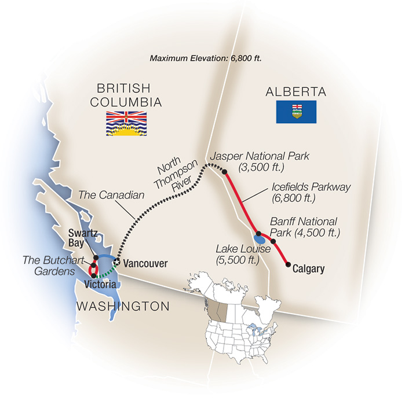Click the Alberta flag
point(295,111)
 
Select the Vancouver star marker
point(116,263)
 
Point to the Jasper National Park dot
point(224,171)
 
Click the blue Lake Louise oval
point(261,238)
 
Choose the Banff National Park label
point(304,227)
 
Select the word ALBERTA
point(295,91)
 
